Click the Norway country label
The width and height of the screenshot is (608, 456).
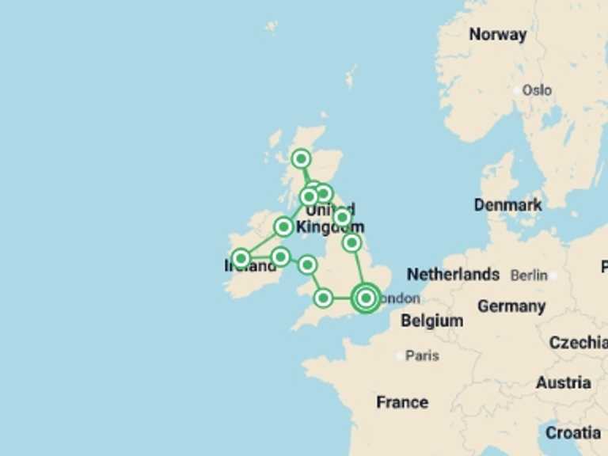point(497,34)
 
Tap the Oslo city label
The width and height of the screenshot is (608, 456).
point(537,90)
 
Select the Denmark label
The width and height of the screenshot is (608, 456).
point(507,205)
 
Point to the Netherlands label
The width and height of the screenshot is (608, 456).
point(453,275)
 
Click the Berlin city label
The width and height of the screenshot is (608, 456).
point(529,275)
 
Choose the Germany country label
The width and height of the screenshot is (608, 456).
point(511,306)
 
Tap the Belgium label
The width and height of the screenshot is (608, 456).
point(431,321)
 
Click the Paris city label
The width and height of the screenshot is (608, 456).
point(422,355)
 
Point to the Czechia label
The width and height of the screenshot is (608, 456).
point(578,342)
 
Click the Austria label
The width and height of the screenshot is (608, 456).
point(563,382)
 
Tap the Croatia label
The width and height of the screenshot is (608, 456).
point(572,432)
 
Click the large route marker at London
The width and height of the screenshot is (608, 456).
point(366,298)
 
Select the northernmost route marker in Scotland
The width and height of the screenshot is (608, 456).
point(301,158)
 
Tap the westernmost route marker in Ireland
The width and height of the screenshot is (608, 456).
point(241,258)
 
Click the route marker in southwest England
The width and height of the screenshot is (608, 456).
point(323,298)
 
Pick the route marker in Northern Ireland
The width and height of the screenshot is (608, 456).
point(283,227)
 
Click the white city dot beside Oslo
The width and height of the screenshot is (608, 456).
point(517,90)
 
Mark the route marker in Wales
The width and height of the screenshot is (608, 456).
point(307,264)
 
